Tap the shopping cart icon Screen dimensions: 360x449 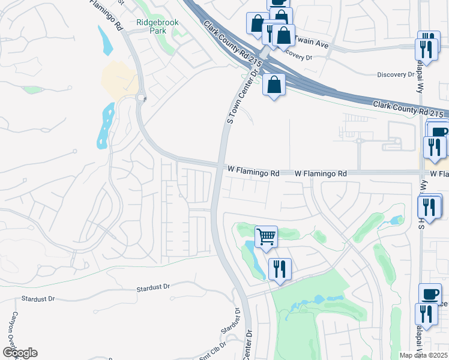(x=266, y=236)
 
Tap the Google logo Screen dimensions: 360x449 (x=20, y=353)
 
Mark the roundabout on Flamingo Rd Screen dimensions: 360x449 (x=141, y=98)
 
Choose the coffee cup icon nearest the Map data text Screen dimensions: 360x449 (x=429, y=294)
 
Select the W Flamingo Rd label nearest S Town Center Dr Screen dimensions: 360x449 (x=253, y=172)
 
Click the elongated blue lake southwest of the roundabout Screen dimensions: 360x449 (x=106, y=125)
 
